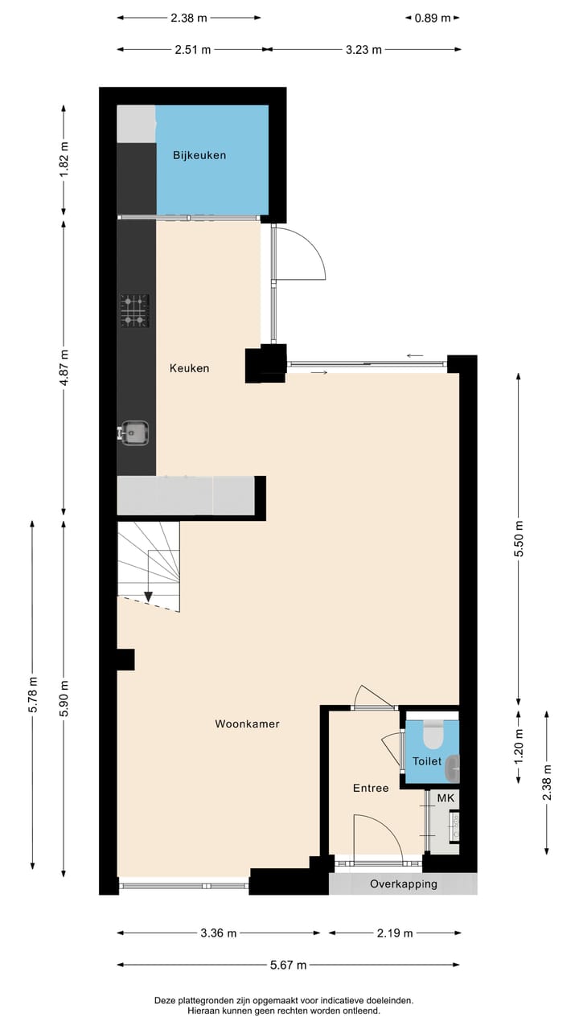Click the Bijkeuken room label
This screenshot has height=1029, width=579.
point(199,155)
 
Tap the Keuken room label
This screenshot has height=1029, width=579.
point(189,368)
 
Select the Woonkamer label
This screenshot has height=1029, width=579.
point(247,724)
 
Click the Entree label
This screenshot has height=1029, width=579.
point(371,788)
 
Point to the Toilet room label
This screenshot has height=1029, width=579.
point(426,760)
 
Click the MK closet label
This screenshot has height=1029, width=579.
point(446,797)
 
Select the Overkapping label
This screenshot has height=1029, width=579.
point(404,883)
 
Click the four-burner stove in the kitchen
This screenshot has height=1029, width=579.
point(135,311)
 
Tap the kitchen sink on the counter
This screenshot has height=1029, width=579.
point(134,433)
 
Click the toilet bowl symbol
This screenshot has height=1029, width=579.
point(433,735)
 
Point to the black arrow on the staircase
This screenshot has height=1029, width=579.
point(149,596)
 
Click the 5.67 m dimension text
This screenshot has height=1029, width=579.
point(288,965)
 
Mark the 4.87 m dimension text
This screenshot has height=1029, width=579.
point(64,367)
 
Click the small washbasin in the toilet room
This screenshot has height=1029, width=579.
point(453,767)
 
